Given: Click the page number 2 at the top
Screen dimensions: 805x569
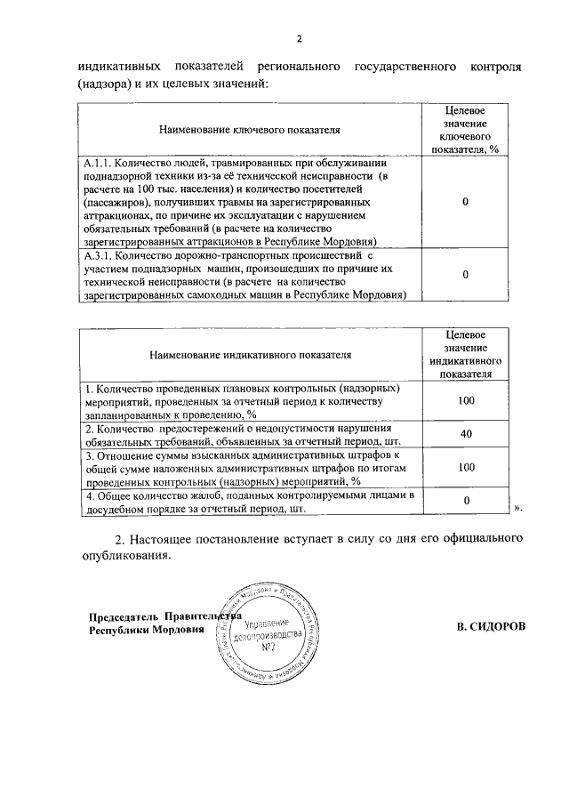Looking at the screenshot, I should click(x=300, y=38).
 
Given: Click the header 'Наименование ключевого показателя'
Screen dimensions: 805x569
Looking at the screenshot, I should click(x=250, y=130).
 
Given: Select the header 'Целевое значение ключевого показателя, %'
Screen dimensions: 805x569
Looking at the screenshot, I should click(x=466, y=130).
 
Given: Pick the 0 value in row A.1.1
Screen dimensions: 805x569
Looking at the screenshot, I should click(x=466, y=202).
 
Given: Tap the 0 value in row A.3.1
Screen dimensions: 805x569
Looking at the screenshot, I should click(x=466, y=275).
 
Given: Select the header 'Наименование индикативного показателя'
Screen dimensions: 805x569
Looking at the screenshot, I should click(x=250, y=354).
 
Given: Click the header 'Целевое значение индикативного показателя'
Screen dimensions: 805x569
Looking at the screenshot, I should click(x=466, y=354).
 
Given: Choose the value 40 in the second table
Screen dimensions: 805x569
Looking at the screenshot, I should click(x=466, y=434).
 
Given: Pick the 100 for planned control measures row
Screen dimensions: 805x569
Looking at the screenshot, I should click(x=466, y=401).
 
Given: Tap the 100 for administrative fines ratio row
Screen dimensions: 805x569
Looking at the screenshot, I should click(x=466, y=467).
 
